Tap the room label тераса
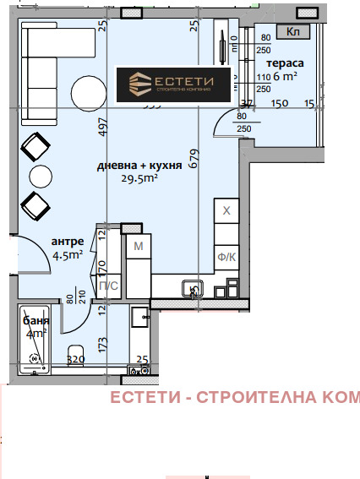point(286,64)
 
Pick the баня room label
point(35,322)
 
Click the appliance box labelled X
point(226,211)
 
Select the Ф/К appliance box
point(226,258)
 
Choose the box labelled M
point(138,246)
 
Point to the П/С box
point(109,287)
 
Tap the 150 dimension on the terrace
point(280,104)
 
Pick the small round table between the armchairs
point(40,177)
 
